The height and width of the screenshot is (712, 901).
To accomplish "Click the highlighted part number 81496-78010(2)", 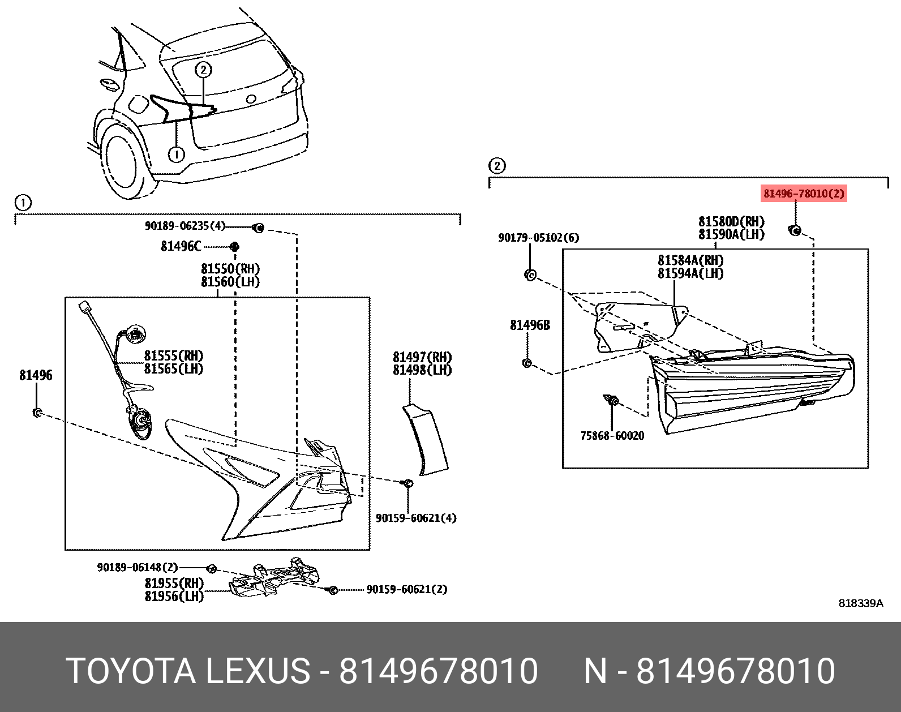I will (804, 194).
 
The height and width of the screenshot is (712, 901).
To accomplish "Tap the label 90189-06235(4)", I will (185, 226).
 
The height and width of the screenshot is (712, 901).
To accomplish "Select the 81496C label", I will (181, 246).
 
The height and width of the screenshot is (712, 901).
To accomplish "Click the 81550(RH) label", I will (230, 269).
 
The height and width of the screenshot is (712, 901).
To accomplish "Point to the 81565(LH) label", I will (173, 369).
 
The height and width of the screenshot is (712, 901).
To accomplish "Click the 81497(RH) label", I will (422, 357).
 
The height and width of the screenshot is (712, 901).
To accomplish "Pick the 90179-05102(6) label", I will (538, 238).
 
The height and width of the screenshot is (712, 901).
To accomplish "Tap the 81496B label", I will (530, 325).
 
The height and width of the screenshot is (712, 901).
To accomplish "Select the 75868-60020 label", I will (612, 435).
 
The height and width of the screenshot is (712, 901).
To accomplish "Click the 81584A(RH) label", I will (690, 260).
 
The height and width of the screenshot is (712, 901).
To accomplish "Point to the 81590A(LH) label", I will (731, 234).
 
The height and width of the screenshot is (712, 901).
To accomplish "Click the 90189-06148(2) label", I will (138, 567).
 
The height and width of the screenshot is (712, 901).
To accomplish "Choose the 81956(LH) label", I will (174, 596).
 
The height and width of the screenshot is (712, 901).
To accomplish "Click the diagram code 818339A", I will (860, 603).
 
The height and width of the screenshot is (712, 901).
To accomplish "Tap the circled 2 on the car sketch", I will (203, 70).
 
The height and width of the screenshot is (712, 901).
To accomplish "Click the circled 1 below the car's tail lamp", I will (177, 154).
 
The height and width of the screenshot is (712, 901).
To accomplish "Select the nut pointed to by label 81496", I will (37, 413).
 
